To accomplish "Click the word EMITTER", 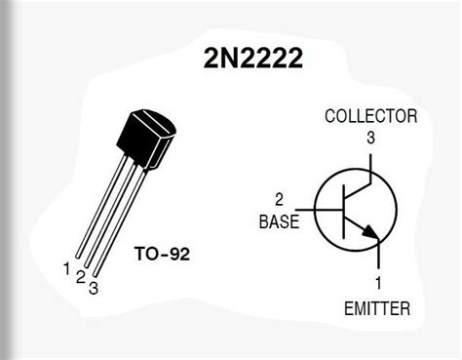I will (x=377, y=309).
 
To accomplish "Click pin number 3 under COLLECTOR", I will (x=370, y=138).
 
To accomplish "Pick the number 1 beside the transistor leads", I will (x=65, y=267).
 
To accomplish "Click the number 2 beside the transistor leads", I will (x=79, y=277).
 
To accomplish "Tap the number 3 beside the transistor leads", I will (x=94, y=287).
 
